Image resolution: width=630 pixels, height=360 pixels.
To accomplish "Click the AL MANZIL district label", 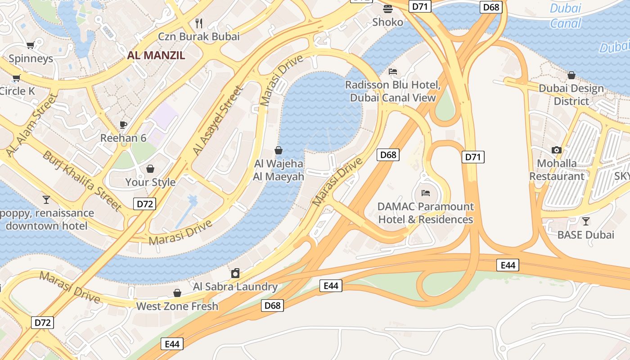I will tap(156, 55).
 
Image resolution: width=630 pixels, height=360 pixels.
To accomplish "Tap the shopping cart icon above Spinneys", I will tap(31, 45).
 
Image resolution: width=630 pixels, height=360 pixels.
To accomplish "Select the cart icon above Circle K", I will tap(17, 78).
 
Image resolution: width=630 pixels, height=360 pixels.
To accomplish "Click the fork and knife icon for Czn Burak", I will tap(199, 23).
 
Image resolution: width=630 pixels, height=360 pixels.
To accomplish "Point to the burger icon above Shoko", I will tap(388, 9).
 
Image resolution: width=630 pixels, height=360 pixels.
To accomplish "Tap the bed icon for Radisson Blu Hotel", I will tap(393, 72).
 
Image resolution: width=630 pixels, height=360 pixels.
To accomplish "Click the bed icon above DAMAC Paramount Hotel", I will tap(426, 193).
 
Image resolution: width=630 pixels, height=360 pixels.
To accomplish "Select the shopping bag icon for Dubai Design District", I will tap(571, 75).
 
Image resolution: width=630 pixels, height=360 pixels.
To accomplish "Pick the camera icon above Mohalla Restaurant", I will tap(557, 150).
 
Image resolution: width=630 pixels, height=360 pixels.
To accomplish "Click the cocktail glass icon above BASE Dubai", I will tap(585, 221).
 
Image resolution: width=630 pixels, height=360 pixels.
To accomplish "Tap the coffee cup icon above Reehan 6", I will tap(123, 125).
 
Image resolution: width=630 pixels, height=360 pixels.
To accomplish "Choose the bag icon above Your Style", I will tap(150, 169).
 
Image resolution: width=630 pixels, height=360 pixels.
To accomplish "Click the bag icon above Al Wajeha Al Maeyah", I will tap(279, 150).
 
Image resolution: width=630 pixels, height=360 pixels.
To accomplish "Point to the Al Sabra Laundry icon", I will tap(235, 273).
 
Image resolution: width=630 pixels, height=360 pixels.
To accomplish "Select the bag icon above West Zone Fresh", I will tap(177, 293).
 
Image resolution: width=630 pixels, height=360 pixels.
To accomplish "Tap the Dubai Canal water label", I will tap(566, 16).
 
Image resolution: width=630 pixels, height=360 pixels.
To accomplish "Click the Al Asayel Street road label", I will tap(217, 121).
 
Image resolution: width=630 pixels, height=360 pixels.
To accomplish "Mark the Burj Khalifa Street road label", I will tap(81, 181).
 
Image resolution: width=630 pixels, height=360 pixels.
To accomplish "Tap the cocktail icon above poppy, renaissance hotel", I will tap(46, 199).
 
